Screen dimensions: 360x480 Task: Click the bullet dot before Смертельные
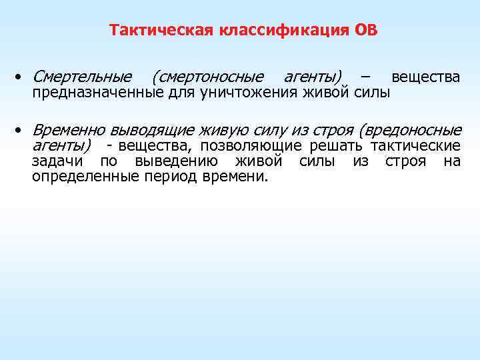click(23, 78)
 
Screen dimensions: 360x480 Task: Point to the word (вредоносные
click(409, 129)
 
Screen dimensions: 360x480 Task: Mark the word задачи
click(57, 161)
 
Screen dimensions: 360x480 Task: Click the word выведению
click(172, 161)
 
